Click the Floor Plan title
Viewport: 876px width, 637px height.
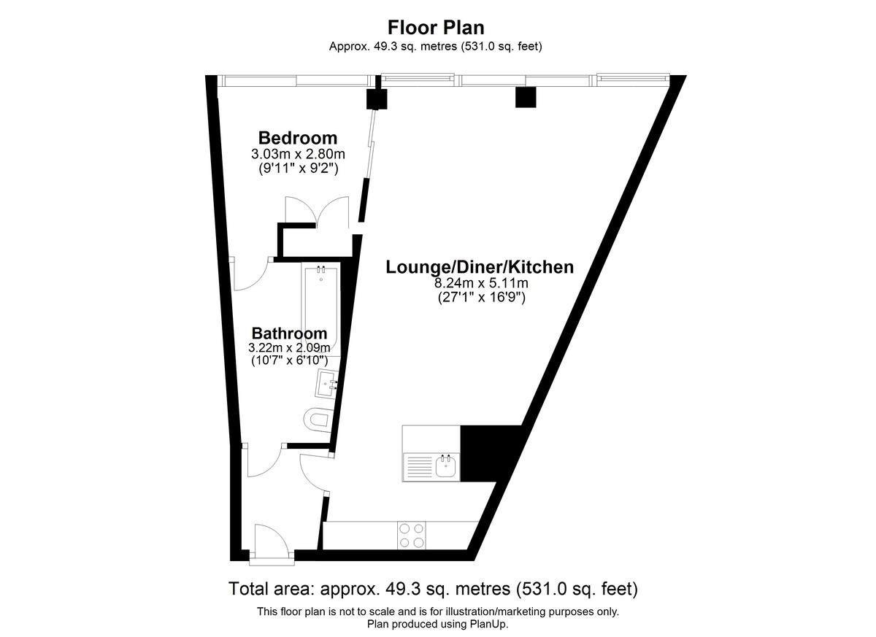(x=436, y=28)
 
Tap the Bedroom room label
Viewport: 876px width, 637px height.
(x=298, y=139)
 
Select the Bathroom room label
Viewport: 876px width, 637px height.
(x=289, y=333)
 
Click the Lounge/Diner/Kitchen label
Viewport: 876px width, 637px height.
(x=480, y=267)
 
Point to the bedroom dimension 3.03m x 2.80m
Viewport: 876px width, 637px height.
(x=298, y=155)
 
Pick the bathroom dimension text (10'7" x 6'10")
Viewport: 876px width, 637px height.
(x=289, y=360)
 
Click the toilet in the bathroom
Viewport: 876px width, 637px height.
(x=318, y=420)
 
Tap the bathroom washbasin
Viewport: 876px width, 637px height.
(x=326, y=383)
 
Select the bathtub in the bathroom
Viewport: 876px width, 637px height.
(x=320, y=310)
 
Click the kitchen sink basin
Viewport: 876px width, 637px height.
(x=446, y=467)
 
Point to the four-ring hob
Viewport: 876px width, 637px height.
(x=412, y=536)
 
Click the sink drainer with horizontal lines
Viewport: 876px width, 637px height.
(x=419, y=467)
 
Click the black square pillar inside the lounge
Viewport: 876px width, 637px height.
(x=525, y=97)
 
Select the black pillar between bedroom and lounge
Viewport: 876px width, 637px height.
(x=377, y=99)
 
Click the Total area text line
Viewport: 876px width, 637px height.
(x=433, y=589)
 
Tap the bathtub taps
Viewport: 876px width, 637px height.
(x=321, y=269)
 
